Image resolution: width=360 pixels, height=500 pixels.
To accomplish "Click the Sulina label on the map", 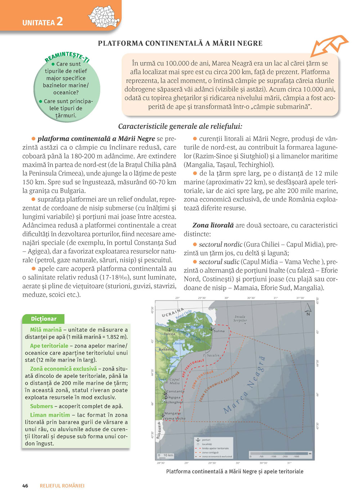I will pos(219,331).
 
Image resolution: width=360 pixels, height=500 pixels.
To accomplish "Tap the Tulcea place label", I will pos(170,334).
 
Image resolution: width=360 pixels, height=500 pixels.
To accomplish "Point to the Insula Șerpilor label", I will pos(240,319).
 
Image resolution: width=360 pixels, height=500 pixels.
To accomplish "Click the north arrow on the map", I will pos(308,309).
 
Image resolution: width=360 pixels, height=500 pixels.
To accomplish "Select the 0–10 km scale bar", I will pos(166,455).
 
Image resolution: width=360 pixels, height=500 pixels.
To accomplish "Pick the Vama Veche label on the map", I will pos(175,418).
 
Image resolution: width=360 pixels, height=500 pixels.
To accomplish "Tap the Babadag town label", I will pos(166,349).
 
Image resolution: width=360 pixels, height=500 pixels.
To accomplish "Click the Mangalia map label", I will pos(172,413).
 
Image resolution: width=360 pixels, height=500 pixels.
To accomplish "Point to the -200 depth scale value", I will pos(285,456).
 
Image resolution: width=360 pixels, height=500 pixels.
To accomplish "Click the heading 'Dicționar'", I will pos(44,319).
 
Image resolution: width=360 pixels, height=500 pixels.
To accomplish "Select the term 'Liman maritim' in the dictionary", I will pos(50,415).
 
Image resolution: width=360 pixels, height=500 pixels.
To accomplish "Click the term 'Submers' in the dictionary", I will pos(41,406).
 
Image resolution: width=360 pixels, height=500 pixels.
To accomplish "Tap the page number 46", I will pos(25,486).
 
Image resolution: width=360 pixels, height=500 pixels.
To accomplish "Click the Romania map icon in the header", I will pos(104,17).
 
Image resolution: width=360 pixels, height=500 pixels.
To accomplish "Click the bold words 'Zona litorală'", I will pos(213,226).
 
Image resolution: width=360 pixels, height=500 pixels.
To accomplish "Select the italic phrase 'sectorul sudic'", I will pos(219,262).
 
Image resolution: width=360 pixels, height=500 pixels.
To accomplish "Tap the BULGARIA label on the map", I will pos(159,429).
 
